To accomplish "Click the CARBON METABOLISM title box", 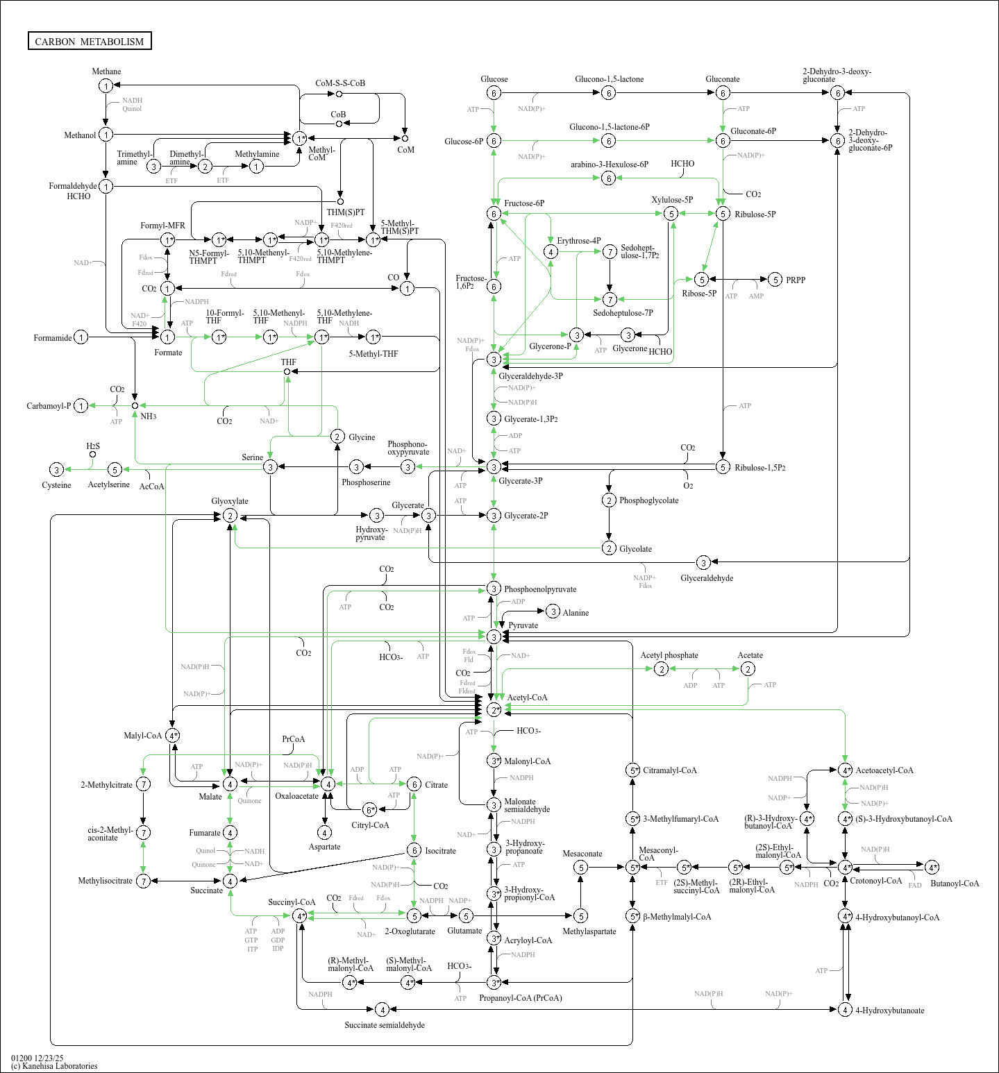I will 90,41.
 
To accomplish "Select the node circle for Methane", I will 106,85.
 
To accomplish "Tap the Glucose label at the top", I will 494,79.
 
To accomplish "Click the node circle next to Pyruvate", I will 494,636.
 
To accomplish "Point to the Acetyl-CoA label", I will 527,698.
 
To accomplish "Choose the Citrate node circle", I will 414,784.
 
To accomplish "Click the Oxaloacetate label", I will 296,796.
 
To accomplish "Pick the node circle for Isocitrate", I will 414,850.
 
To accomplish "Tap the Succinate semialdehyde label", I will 385,1025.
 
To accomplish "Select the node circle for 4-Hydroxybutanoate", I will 845,1010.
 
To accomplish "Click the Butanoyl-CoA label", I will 955,884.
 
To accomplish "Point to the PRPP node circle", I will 775,280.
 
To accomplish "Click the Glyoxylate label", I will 230,501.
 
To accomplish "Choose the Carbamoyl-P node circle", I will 81,406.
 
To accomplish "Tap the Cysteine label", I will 56,485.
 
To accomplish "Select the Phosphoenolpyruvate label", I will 540,589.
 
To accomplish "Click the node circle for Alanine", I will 553,611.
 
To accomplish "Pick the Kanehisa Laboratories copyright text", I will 54,1066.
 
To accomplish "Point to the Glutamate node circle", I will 466,916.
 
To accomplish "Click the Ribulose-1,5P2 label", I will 760,468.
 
